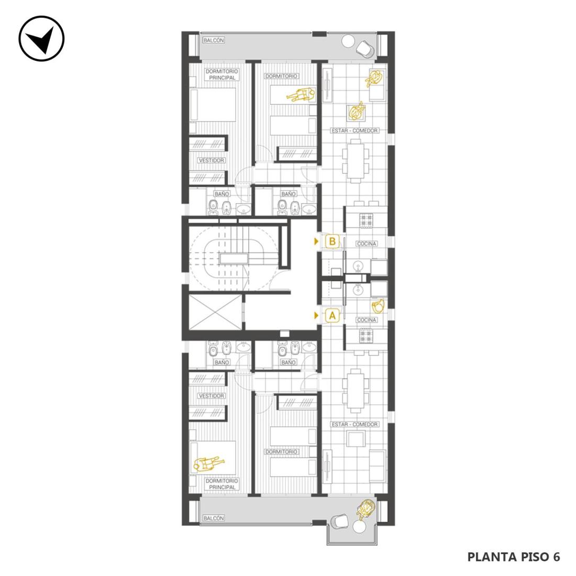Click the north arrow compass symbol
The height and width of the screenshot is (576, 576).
41,38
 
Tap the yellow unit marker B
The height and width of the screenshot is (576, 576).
333,241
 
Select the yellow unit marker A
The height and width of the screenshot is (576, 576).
333,316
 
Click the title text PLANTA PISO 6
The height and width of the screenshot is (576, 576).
514,557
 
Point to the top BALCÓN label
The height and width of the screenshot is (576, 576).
214,40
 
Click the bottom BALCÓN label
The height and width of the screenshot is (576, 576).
214,518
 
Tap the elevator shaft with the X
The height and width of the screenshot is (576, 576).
215,312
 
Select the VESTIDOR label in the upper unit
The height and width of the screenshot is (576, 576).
211,161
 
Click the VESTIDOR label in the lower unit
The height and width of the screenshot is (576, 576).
211,396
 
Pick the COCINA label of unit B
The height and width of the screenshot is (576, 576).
367,243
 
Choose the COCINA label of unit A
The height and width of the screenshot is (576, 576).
367,320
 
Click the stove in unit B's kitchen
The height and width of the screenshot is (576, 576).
366,220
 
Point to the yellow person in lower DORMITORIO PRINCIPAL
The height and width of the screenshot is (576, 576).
209,463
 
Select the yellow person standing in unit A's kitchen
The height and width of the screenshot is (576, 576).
379,306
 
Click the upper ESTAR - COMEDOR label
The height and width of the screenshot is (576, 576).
355,130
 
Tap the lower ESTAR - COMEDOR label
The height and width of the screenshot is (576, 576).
355,424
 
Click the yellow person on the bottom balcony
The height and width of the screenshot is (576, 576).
366,509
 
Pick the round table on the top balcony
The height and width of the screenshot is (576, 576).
348,41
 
